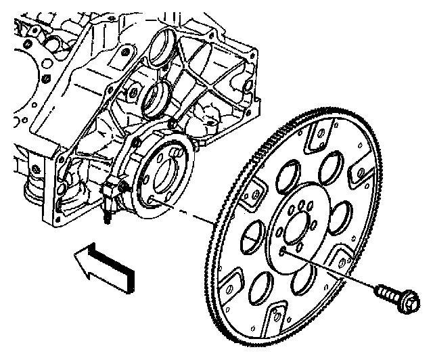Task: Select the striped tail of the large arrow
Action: click(118, 270)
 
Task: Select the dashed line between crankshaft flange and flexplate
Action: click(186, 213)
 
